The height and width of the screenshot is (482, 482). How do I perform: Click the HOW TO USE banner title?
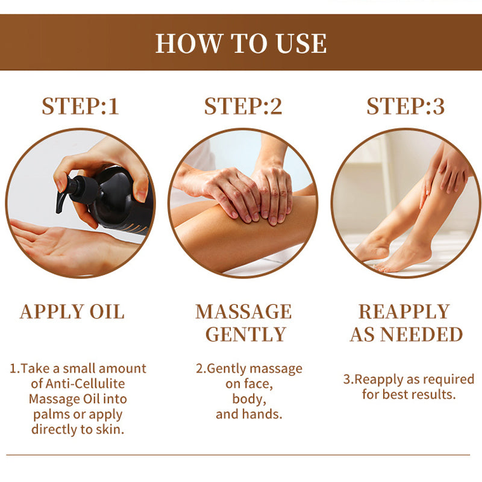241,44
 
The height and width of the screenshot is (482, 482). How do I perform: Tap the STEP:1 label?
80,106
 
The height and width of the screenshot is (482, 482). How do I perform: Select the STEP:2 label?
243,106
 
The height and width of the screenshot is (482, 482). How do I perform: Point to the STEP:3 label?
405,106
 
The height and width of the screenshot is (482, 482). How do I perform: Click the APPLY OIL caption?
72,312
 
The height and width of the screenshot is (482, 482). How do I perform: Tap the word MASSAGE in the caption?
243,312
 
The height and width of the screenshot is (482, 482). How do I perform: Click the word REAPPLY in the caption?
404,312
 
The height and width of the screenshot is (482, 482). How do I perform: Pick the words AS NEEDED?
406,334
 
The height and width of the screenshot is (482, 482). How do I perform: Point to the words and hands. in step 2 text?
249,414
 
